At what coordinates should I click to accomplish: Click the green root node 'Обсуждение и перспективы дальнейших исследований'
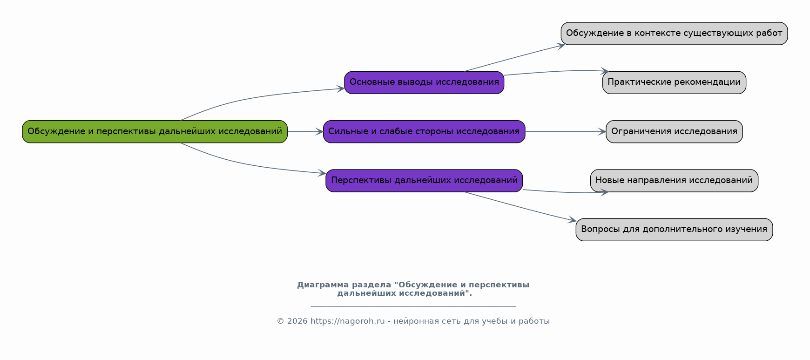[155, 132]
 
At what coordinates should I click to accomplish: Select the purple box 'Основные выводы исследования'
[424, 82]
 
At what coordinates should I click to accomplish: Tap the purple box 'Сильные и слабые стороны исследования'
[424, 132]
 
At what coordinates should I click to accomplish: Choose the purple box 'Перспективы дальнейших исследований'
[424, 181]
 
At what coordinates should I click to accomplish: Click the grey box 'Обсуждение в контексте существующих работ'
[674, 34]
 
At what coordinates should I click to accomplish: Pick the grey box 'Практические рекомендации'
[674, 82]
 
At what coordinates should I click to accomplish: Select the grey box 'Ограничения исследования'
[674, 132]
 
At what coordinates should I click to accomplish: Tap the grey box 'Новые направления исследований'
[674, 181]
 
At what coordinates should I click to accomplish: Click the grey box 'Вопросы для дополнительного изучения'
[674, 230]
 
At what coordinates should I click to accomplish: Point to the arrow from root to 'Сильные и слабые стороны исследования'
[305, 132]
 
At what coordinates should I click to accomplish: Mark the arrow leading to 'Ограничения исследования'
[565, 132]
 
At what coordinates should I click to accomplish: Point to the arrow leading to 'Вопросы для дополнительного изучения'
[521, 207]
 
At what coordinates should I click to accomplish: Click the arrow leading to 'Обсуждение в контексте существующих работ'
[514, 58]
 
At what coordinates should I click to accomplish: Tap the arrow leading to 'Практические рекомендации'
[554, 72]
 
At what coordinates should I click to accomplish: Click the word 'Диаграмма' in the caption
[323, 285]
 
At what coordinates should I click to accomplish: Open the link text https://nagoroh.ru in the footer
[347, 321]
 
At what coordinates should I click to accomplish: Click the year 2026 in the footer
[297, 321]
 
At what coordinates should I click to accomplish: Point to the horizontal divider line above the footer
[413, 307]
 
